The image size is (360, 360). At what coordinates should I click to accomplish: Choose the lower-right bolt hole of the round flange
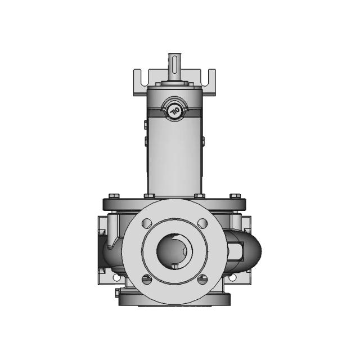[x=203, y=279]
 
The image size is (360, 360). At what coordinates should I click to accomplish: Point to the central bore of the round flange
[x=174, y=251]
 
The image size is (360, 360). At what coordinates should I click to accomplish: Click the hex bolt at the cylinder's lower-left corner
[x=149, y=195]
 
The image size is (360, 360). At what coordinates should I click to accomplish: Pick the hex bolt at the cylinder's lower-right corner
[x=198, y=195]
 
